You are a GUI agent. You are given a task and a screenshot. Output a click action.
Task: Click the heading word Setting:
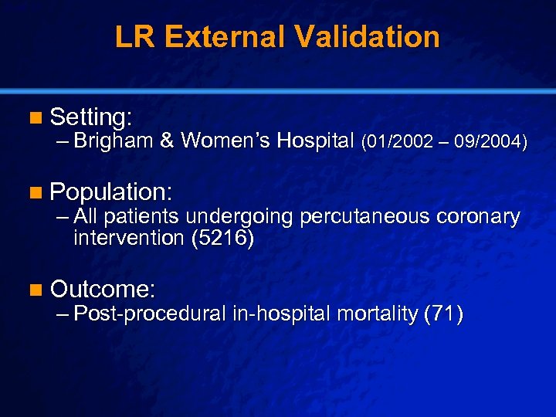[91, 117]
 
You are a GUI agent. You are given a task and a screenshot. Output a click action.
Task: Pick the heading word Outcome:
[103, 290]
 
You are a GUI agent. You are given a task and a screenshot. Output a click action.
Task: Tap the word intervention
[128, 238]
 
